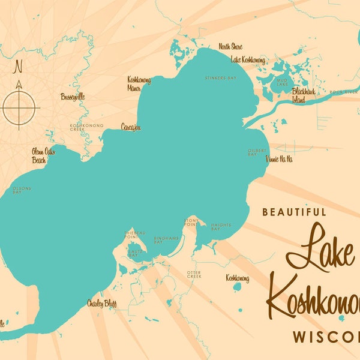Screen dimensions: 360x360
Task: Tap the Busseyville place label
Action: point(73,97)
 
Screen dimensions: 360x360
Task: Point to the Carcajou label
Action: point(131,127)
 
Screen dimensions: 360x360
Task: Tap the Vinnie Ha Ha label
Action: point(280,159)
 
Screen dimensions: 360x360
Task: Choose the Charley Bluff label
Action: point(102,303)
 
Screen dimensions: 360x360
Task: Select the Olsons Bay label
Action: point(22,190)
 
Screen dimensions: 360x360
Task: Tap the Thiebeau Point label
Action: point(135,235)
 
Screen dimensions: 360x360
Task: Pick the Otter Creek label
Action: point(194,274)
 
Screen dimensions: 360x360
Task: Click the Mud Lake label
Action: point(281,82)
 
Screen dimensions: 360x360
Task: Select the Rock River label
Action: point(344,92)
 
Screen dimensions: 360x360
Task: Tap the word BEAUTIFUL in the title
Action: point(294,212)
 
